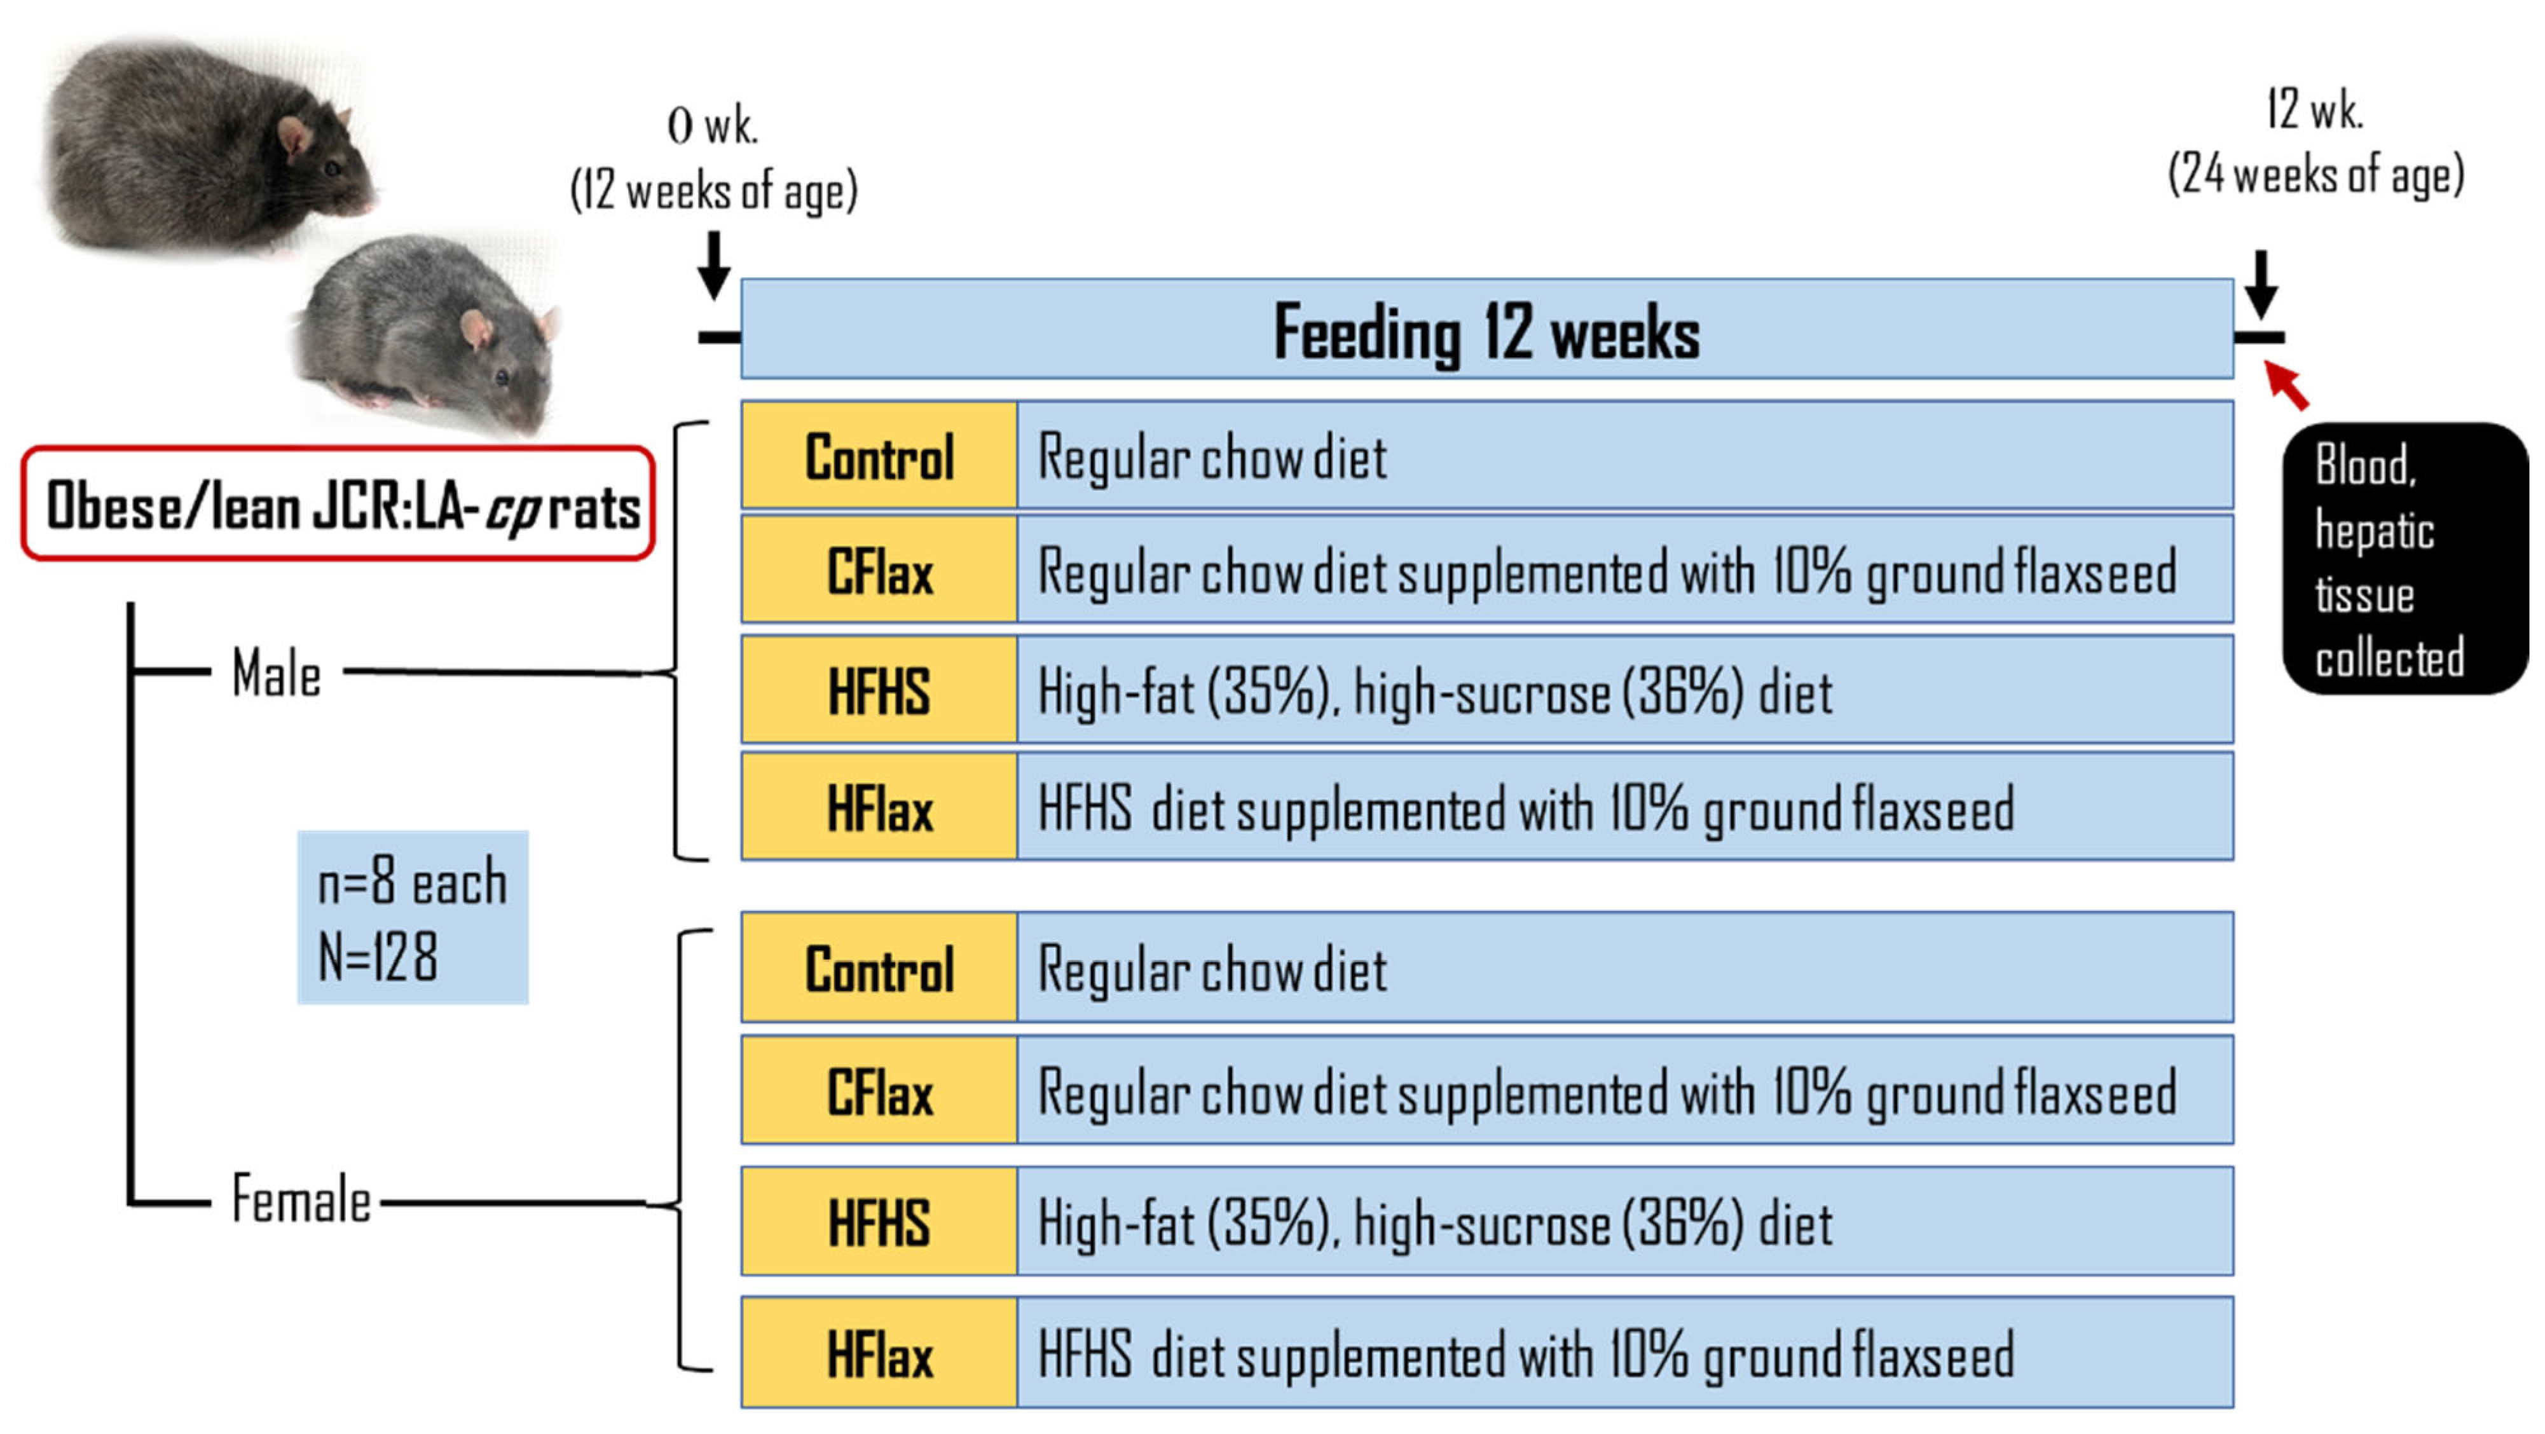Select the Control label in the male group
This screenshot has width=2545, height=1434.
(x=879, y=457)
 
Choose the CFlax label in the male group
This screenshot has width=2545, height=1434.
(x=879, y=573)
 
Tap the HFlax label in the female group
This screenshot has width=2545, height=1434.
(x=879, y=1354)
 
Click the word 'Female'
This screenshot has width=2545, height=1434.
(x=301, y=1200)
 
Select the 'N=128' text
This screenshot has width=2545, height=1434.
(x=378, y=956)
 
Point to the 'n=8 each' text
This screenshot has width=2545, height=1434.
(x=412, y=882)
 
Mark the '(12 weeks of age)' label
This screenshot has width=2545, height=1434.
(x=713, y=191)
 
